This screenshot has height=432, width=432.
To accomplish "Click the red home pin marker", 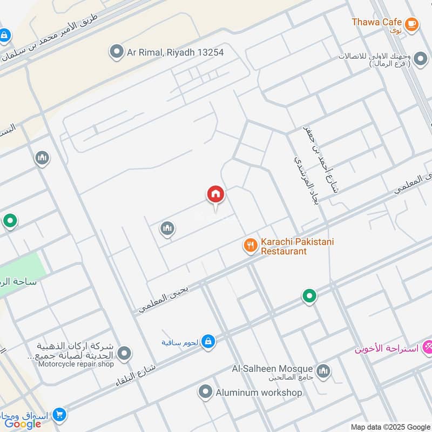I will (215, 194).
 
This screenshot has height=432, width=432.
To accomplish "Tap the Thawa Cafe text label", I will (376, 22).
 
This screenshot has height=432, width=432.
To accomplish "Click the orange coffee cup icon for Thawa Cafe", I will (412, 23).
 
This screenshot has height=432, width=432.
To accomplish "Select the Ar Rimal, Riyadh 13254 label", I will (175, 52).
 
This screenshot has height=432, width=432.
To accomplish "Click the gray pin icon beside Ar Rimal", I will (116, 52).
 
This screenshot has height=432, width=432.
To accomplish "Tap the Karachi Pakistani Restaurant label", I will (297, 246).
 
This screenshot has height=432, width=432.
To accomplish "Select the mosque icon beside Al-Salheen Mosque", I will (323, 371).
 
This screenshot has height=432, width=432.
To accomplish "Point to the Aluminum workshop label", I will (259, 393).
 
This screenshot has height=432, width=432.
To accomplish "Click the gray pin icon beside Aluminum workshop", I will (205, 393).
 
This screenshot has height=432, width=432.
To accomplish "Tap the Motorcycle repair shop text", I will (76, 364).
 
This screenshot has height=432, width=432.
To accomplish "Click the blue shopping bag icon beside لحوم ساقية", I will (208, 341).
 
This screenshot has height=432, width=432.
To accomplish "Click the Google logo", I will (23, 423).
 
